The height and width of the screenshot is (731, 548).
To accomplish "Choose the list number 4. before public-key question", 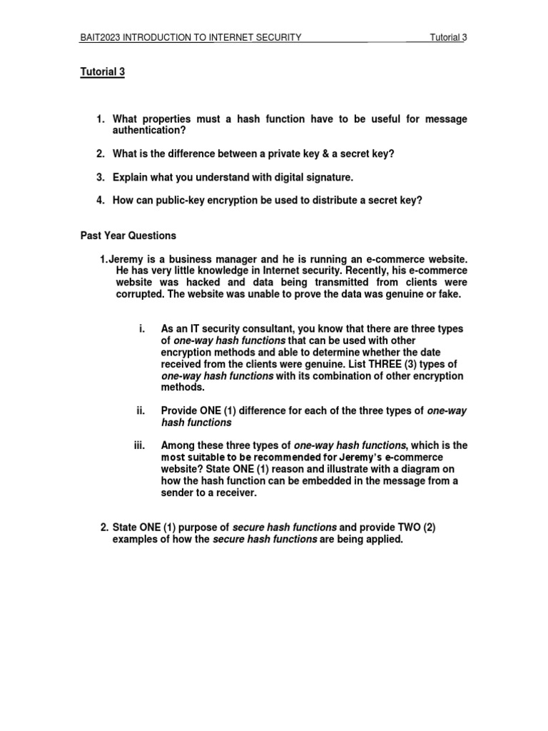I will (101, 200).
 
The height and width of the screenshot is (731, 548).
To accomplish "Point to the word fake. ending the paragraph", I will (450, 294).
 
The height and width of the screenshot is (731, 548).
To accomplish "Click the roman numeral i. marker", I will (142, 328).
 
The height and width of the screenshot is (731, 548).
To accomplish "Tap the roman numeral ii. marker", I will (141, 410).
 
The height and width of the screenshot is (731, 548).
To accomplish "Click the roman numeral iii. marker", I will (139, 445).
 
